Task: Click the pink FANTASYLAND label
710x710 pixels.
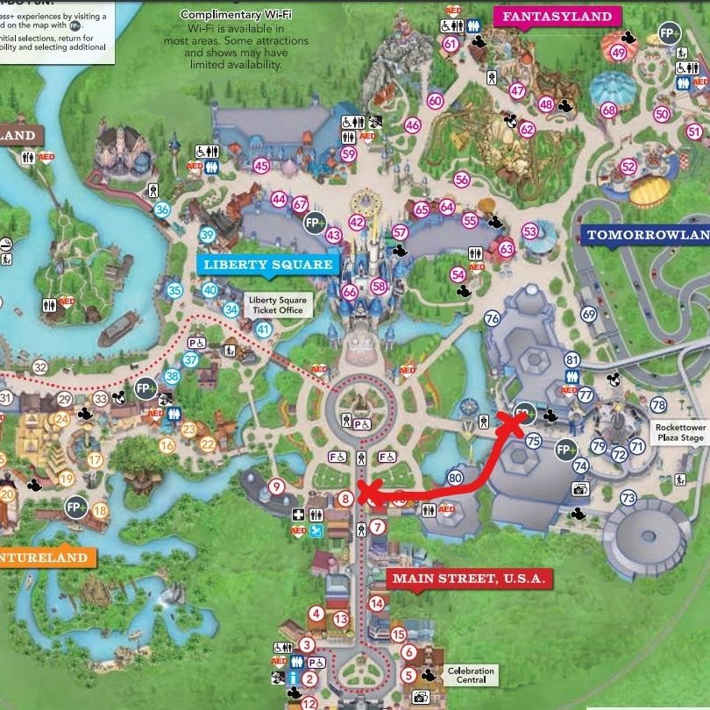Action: (x=558, y=17)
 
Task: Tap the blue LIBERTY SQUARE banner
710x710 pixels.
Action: (x=267, y=265)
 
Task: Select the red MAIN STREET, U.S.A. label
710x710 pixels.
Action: (x=469, y=579)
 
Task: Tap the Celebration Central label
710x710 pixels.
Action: (x=471, y=676)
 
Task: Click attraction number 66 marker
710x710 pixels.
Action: (x=350, y=292)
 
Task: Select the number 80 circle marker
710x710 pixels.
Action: (x=454, y=479)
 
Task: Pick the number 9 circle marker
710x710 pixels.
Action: (x=276, y=486)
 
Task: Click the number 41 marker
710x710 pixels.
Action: (x=263, y=329)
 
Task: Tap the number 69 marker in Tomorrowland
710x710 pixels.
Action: (x=588, y=315)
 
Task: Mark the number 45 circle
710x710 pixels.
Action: (x=260, y=166)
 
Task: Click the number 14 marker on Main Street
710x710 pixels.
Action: (x=377, y=603)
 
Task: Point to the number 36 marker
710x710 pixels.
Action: (x=161, y=209)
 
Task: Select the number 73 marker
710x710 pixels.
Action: (x=628, y=499)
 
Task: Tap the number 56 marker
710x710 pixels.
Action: (x=462, y=180)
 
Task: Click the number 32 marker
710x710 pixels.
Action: (x=39, y=367)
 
